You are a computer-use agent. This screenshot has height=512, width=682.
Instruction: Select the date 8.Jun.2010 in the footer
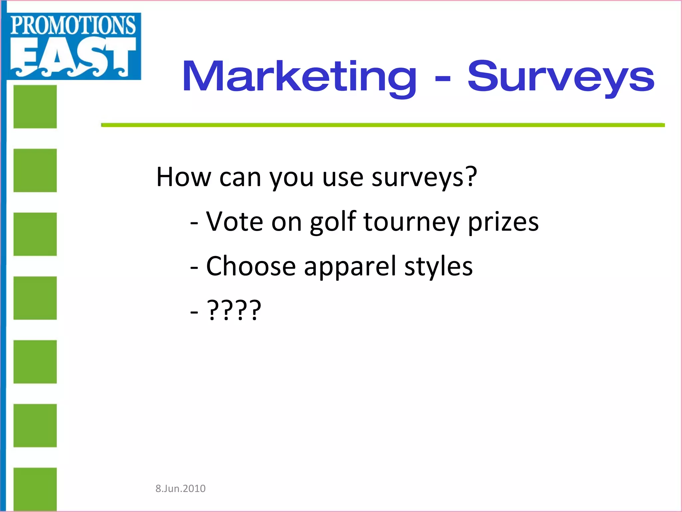pyautogui.click(x=180, y=489)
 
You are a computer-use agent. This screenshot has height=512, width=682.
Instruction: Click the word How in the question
pyautogui.click(x=183, y=177)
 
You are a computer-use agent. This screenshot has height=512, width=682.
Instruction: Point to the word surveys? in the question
pyautogui.click(x=424, y=177)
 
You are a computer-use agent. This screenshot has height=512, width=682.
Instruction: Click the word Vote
pyautogui.click(x=234, y=222)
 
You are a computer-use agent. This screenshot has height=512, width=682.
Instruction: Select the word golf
pyautogui.click(x=333, y=222)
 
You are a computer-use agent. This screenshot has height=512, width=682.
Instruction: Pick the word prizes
pyautogui.click(x=503, y=222)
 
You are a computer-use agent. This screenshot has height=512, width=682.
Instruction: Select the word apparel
pyautogui.click(x=350, y=266)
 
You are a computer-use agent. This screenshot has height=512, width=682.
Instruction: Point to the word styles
pyautogui.click(x=439, y=266)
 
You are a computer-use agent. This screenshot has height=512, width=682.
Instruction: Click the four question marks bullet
pyautogui.click(x=234, y=310)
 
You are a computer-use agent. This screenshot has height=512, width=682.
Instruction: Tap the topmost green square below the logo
pyautogui.click(x=35, y=107)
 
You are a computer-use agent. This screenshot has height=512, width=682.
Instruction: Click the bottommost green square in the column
pyautogui.click(x=35, y=489)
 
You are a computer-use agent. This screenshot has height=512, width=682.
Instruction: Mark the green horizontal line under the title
pyautogui.click(x=383, y=125)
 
